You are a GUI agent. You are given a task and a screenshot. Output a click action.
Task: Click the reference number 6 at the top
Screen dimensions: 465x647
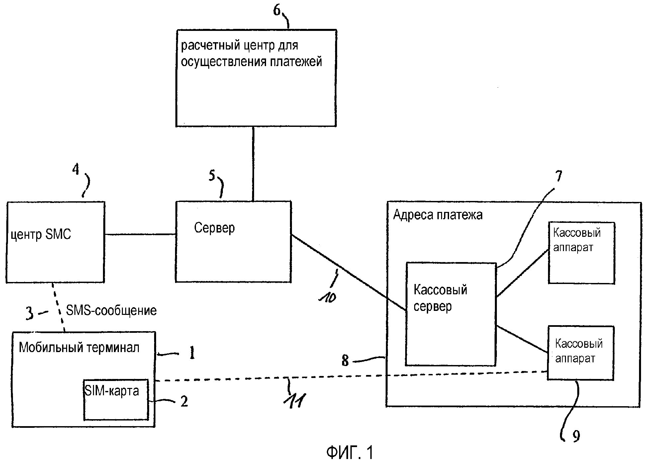(x=277, y=10)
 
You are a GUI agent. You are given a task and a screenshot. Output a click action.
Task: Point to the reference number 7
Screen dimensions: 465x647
(x=559, y=176)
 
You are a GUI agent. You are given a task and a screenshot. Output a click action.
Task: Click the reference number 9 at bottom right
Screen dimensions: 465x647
(x=576, y=435)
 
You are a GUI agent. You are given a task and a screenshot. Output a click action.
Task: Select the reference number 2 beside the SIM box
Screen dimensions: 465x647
(x=184, y=402)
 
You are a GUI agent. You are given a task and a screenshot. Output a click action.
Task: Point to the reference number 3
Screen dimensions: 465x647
(x=30, y=313)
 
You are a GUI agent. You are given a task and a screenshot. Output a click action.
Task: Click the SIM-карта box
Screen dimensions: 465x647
(x=116, y=400)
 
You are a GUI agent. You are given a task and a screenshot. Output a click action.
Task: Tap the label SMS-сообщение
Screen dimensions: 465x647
(x=111, y=311)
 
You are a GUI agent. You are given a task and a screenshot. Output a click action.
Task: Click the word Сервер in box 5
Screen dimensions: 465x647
(x=214, y=228)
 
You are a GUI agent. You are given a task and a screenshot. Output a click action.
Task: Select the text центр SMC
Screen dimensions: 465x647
(x=41, y=235)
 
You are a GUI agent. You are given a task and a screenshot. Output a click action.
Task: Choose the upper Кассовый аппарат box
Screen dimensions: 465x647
(x=581, y=253)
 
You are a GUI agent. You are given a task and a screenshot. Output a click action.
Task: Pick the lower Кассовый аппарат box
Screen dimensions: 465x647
(x=580, y=353)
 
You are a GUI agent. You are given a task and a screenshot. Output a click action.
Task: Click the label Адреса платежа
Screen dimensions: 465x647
(x=438, y=215)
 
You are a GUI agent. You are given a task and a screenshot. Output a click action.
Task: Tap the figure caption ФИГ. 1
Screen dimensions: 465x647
(x=350, y=452)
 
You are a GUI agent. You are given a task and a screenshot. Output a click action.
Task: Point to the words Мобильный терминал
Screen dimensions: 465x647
(x=79, y=348)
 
